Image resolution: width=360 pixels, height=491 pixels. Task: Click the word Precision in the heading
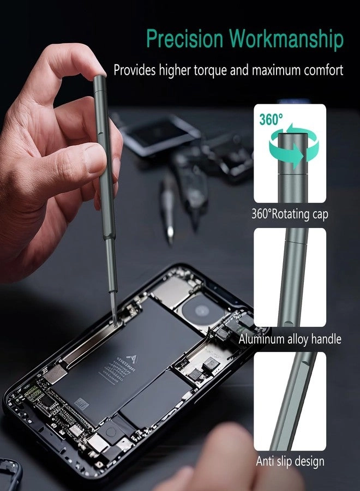click(x=184, y=40)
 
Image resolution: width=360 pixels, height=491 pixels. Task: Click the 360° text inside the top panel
click(x=271, y=120)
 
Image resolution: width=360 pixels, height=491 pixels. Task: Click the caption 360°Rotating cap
click(x=290, y=214)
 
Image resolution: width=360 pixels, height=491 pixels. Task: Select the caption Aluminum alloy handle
click(x=290, y=339)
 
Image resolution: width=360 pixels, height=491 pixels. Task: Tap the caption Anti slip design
click(x=290, y=462)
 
